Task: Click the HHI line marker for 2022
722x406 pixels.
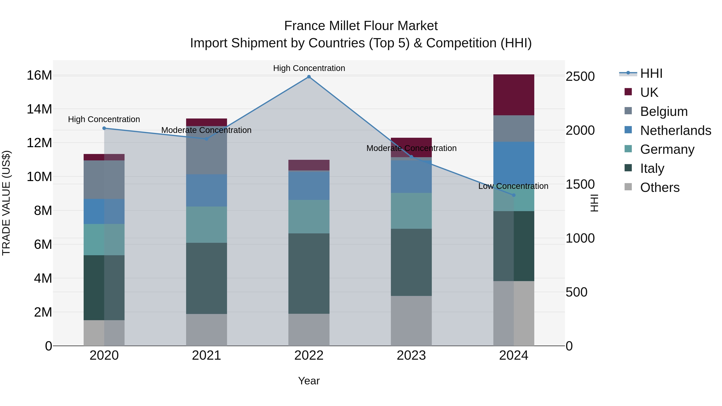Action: coord(309,77)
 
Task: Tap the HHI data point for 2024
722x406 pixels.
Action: coord(513,195)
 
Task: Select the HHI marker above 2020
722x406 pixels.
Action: coord(104,128)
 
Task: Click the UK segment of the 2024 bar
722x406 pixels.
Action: coord(513,95)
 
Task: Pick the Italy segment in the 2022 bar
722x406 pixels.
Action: coord(309,273)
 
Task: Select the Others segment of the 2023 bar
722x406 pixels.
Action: coord(411,321)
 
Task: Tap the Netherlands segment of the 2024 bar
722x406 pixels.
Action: coord(513,163)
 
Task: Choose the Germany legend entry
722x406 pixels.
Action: coord(667,149)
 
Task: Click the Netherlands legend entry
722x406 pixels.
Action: coord(675,131)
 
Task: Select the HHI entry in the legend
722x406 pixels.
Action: coord(651,73)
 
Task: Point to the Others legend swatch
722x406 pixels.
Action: coord(628,187)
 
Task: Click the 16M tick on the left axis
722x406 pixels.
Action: coord(39,75)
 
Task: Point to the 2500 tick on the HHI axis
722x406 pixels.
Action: coord(580,77)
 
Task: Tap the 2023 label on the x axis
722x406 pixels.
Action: coord(411,355)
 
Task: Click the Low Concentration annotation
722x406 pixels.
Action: coord(513,186)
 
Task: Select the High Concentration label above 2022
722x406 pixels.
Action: coord(309,68)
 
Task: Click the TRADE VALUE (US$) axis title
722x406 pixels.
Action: coord(6,203)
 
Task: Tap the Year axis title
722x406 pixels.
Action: coord(309,381)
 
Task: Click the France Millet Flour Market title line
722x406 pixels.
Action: coord(361,26)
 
